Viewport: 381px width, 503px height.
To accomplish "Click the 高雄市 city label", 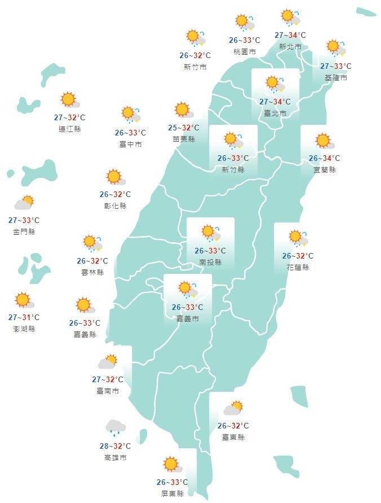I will click(x=116, y=457).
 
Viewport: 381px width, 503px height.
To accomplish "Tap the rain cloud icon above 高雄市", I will click(x=116, y=428).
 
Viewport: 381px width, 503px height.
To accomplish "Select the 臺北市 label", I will click(x=276, y=113).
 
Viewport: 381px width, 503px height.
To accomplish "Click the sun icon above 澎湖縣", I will click(x=23, y=300).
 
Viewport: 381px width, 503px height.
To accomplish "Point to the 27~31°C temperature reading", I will click(x=24, y=317).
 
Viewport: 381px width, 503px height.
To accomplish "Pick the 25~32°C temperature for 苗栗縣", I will click(x=184, y=128).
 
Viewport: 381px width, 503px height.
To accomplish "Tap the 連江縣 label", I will click(x=70, y=129).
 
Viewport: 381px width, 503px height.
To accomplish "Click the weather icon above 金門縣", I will click(x=24, y=202).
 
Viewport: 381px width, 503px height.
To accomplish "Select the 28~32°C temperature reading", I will click(x=115, y=446).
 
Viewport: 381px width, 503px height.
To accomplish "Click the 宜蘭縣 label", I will click(x=325, y=169).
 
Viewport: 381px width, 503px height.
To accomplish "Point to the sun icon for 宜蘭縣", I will click(x=323, y=141).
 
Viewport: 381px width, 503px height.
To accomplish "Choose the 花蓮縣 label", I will click(x=298, y=267).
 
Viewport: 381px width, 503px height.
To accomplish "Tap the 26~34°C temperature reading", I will click(x=325, y=159).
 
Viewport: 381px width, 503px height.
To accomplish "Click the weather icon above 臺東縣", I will click(x=233, y=408).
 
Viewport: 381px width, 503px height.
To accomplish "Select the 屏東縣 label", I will click(x=172, y=493).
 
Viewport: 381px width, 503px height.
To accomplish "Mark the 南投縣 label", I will click(x=210, y=263).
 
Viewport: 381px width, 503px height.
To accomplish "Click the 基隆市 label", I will click(x=336, y=77).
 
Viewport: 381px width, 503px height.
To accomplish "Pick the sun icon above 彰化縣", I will click(x=114, y=177).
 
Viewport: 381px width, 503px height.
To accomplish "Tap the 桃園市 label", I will click(x=245, y=51).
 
